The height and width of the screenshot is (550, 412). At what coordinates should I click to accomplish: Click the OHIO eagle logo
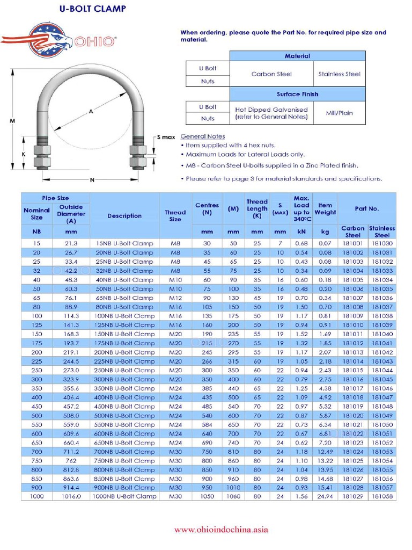pos(59,39)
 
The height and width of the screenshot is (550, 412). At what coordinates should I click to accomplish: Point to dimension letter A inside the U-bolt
pos(91,111)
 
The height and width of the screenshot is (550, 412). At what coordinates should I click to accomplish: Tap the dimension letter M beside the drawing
pos(12,121)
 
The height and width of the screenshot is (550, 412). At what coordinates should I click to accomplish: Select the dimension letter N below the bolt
pos(92,179)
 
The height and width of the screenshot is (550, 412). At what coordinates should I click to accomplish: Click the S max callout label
pos(166,137)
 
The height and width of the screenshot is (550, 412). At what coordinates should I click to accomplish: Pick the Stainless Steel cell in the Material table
pos(339,74)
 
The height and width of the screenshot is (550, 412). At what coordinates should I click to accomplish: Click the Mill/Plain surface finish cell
pos(339,113)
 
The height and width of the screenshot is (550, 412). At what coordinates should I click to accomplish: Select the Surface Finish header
pos(297,94)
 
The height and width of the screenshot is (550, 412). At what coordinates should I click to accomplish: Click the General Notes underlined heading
pos(203,136)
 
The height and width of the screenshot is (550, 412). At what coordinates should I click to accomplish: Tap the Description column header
pos(124,216)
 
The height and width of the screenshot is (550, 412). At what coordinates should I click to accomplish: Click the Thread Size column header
pos(175,216)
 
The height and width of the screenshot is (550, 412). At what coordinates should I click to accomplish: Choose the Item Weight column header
pos(325,209)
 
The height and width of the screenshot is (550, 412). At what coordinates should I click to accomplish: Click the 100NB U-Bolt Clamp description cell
pos(124,316)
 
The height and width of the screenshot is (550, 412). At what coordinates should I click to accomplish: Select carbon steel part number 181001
pos(352,243)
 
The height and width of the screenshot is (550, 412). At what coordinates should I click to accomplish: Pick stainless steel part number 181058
pos(382,497)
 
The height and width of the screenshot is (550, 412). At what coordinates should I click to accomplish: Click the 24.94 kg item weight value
pos(325,497)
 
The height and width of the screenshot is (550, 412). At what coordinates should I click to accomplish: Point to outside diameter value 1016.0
pos(71,497)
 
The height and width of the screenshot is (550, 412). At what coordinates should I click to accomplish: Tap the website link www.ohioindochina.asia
pos(221,530)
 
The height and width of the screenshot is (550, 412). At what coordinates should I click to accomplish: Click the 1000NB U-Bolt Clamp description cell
pos(124,497)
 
